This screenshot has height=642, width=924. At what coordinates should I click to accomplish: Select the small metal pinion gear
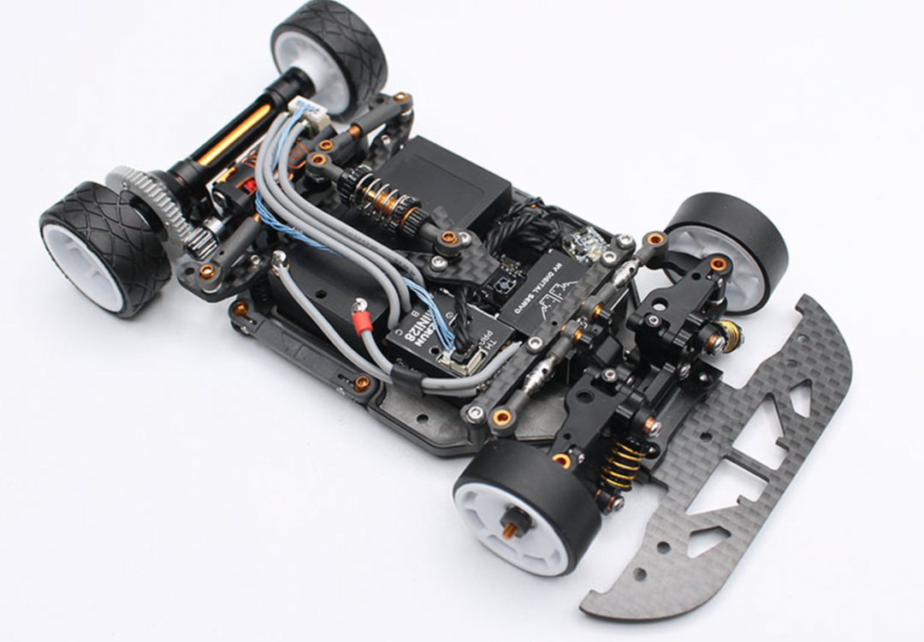pyautogui.click(x=198, y=242)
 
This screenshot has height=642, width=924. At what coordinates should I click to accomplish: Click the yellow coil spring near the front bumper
pyautogui.click(x=623, y=463)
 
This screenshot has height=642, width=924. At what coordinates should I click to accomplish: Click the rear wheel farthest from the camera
pyautogui.click(x=329, y=55)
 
